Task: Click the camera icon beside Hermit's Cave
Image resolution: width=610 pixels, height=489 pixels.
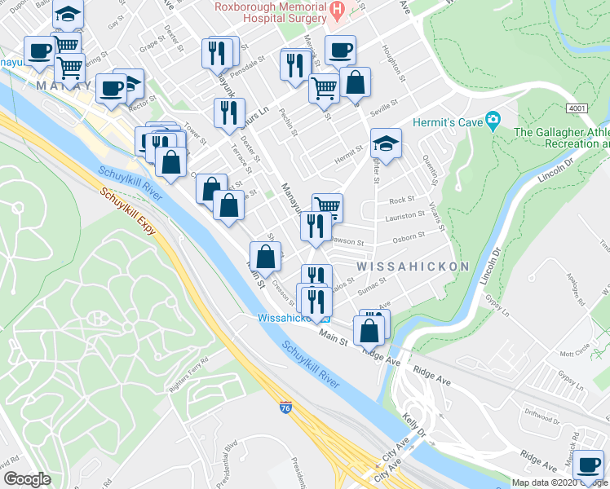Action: pyautogui.click(x=493, y=121)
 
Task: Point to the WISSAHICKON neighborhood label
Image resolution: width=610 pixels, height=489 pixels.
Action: pyautogui.click(x=413, y=267)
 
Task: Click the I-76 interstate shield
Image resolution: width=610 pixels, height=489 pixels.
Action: pyautogui.click(x=285, y=405)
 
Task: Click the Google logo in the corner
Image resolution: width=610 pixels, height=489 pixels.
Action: pyautogui.click(x=27, y=479)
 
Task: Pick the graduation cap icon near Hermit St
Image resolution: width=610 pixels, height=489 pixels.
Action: pyautogui.click(x=386, y=145)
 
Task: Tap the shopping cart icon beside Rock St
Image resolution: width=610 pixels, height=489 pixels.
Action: pyautogui.click(x=327, y=207)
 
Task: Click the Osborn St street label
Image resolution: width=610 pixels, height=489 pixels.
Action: pyautogui.click(x=409, y=236)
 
